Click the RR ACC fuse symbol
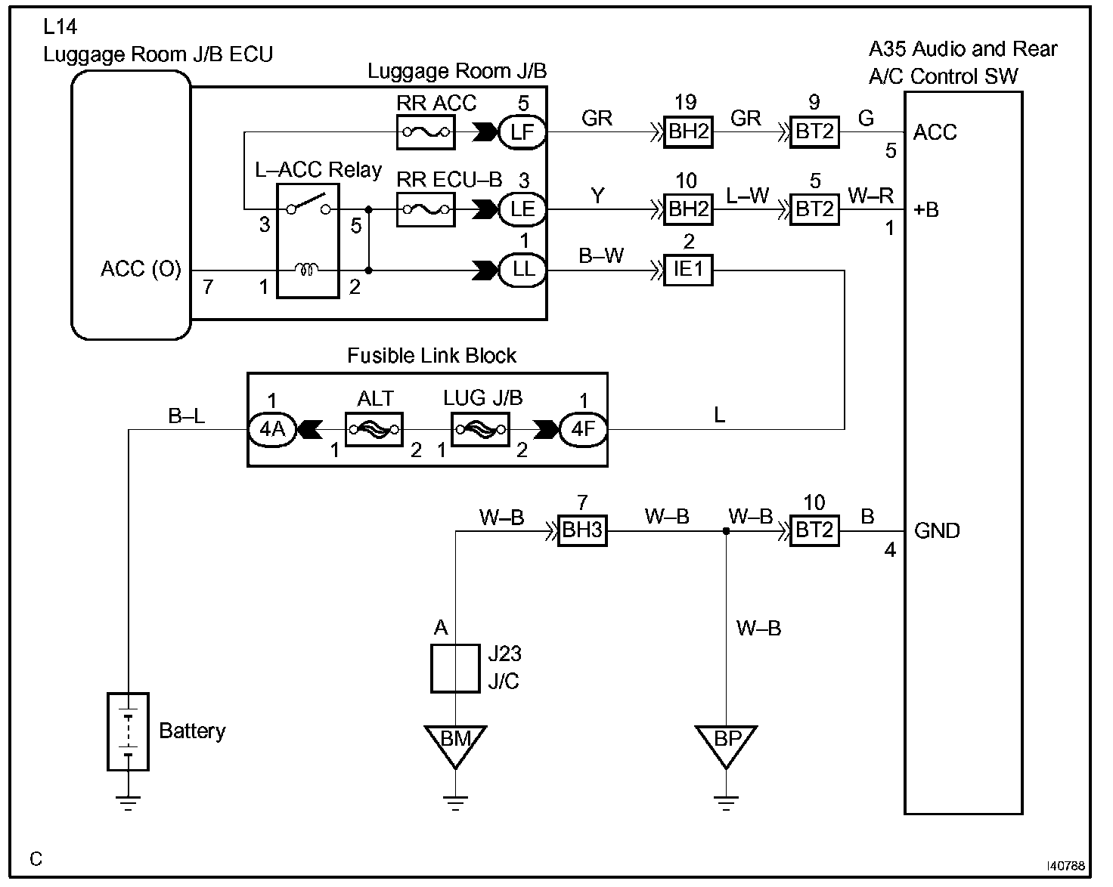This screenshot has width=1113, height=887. click(x=426, y=133)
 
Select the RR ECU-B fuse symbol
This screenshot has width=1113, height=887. click(x=426, y=209)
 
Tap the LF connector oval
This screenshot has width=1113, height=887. click(x=522, y=133)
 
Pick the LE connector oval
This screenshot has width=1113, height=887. click(x=522, y=209)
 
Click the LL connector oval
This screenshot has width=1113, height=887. click(x=522, y=270)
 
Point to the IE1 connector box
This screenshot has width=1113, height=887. click(x=688, y=270)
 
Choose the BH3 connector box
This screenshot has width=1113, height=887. click(x=581, y=531)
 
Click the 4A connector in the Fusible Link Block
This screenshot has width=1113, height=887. click(x=272, y=429)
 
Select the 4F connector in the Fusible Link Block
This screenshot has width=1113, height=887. click(x=583, y=429)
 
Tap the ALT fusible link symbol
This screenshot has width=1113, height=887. click(x=374, y=429)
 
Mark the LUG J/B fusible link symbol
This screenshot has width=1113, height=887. click(x=480, y=429)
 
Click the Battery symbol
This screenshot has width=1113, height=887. click(x=128, y=731)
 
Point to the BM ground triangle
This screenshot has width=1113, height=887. click(x=455, y=742)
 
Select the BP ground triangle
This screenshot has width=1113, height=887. click(x=726, y=742)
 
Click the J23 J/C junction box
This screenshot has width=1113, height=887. click(x=455, y=668)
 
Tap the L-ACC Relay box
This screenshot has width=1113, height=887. click(x=307, y=240)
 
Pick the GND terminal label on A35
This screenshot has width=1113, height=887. click(x=937, y=531)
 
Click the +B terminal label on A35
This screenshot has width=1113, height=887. click(x=926, y=209)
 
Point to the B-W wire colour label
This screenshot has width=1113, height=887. click(x=601, y=256)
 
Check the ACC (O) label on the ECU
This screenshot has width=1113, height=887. click(x=141, y=270)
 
